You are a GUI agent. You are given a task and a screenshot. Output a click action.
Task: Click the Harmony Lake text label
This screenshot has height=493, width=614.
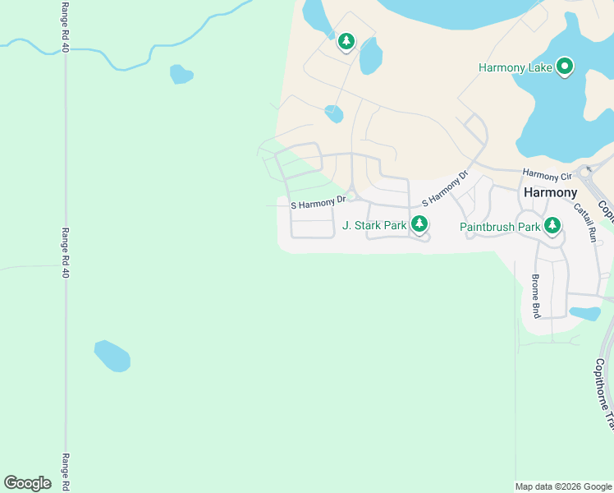tap(515, 67)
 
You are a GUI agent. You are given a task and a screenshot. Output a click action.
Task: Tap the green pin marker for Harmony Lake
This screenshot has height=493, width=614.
tap(565, 66)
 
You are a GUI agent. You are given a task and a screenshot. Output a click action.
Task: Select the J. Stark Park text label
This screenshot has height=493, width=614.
tap(374, 224)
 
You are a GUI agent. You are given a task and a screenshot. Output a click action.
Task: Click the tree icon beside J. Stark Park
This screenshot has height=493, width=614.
tap(419, 223)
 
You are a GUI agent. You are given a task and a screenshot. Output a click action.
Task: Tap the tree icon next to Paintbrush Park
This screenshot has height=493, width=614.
tap(552, 224)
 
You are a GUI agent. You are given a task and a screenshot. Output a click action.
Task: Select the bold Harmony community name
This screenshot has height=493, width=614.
tap(550, 192)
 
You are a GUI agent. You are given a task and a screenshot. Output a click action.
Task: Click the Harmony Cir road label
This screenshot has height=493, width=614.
tap(547, 176)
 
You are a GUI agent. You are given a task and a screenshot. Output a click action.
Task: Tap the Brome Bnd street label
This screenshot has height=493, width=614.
tap(535, 296)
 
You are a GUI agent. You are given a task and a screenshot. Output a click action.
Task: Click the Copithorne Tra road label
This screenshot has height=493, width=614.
tap(604, 394)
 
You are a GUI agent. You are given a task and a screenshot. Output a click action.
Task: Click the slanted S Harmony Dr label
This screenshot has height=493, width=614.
tap(444, 189)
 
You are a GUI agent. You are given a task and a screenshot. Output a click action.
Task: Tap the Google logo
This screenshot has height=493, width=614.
tap(28, 483)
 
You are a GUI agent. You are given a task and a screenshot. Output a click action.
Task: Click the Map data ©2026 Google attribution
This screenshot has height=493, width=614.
tap(563, 486)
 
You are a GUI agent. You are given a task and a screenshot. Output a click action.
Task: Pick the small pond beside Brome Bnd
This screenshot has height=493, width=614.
tap(584, 313)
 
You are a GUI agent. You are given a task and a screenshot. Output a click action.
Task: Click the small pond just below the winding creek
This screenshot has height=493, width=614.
tap(181, 75)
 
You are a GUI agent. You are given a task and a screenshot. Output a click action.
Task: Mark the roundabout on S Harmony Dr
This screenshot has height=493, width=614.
tap(351, 196)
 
